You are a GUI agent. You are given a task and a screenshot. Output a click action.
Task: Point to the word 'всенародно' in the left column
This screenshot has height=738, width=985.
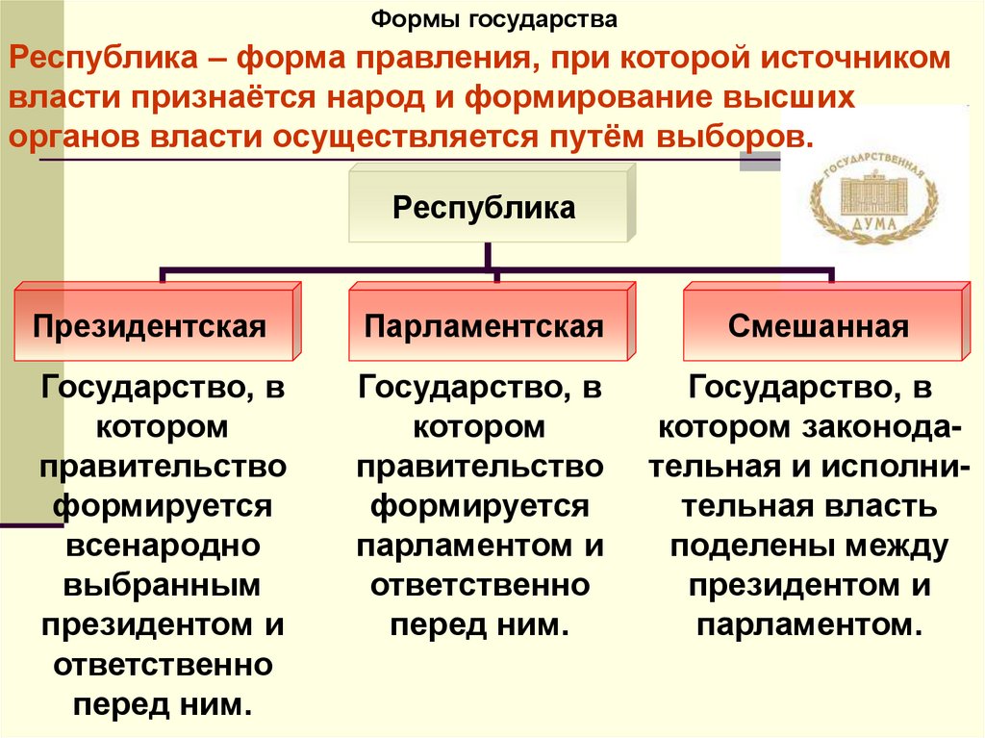[163, 546]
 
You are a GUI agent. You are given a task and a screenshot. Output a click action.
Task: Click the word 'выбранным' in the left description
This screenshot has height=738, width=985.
[163, 585]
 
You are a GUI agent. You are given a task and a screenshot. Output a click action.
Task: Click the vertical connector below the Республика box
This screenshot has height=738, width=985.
[490, 256]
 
